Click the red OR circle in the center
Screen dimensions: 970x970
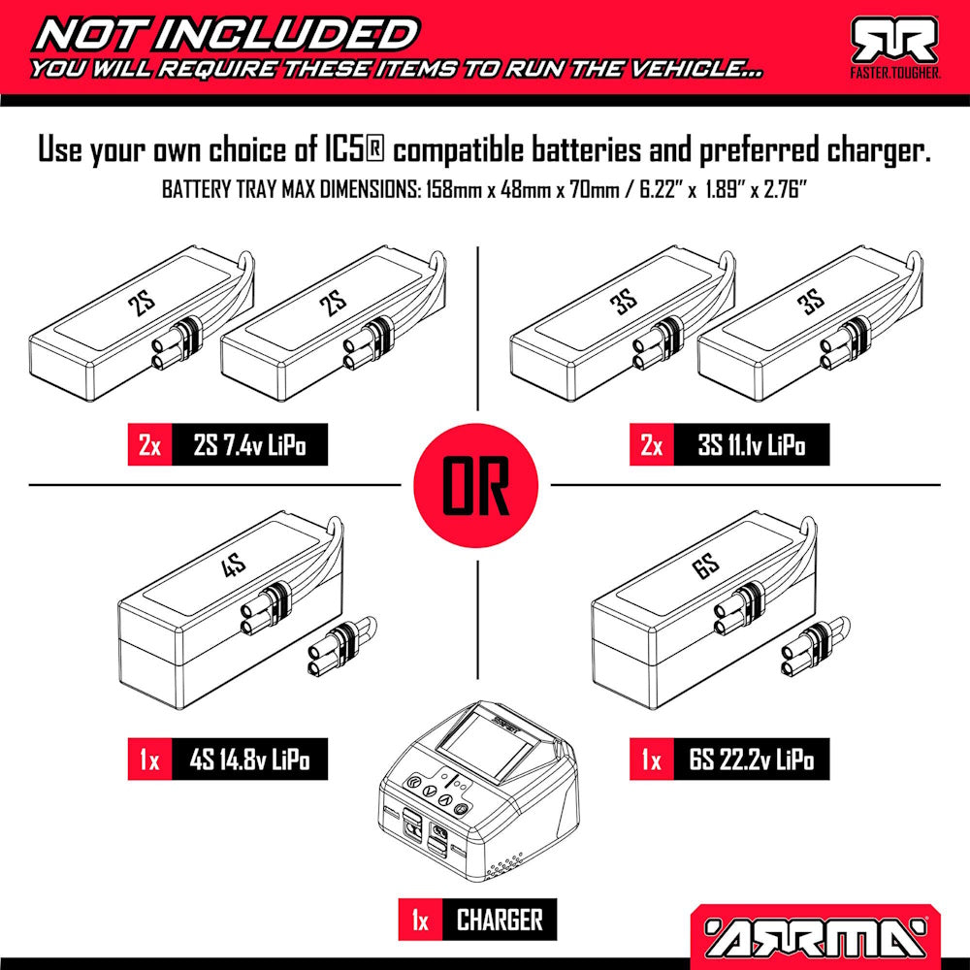click(475, 485)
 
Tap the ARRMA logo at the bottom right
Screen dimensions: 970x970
click(816, 936)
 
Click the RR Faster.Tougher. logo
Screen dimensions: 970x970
click(894, 48)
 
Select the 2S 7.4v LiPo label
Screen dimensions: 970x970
click(250, 445)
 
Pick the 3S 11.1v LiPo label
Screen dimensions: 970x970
click(751, 445)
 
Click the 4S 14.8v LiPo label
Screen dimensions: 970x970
click(250, 760)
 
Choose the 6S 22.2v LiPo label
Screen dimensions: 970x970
click(751, 760)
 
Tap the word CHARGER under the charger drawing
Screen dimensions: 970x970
click(500, 920)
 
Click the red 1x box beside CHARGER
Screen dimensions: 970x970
click(421, 920)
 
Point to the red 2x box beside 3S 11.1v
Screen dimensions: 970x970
click(652, 445)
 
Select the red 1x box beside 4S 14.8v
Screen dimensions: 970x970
click(150, 760)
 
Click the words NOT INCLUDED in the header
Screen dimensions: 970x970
click(226, 35)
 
